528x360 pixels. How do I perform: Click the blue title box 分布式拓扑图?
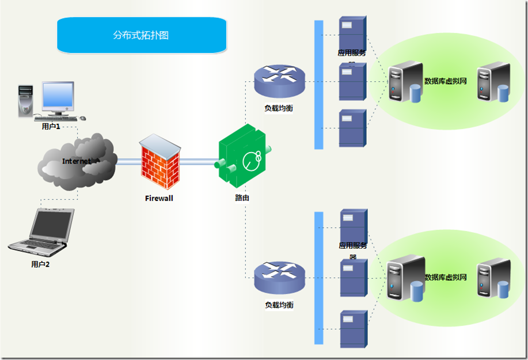pos(141,35)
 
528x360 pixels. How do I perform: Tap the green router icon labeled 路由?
pos(243,157)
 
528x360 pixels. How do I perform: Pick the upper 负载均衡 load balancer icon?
pos(279,81)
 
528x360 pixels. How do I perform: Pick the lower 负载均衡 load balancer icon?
pos(279,278)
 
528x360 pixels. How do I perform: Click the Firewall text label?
pos(159,198)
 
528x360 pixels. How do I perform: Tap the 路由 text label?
pos(242,198)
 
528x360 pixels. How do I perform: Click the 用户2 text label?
pos(40,264)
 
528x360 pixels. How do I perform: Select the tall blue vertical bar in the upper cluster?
pos(318,85)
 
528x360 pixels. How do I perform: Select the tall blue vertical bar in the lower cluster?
pos(318,278)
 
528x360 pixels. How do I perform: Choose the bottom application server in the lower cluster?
pos(353,328)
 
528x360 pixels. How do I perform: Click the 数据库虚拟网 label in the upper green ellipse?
pos(445,81)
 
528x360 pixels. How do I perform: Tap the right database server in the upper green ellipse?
pos(493,82)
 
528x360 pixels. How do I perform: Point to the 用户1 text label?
pos(51,126)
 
